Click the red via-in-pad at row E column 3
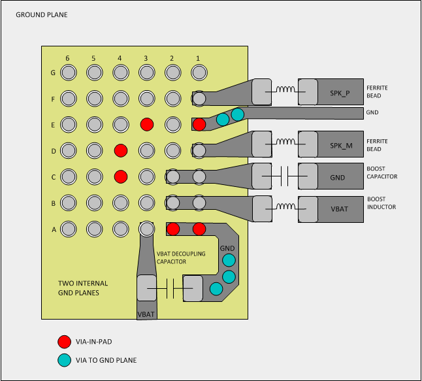pyautogui.click(x=146, y=124)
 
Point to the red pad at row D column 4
pyautogui.click(x=120, y=150)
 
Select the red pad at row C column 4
pyautogui.click(x=120, y=176)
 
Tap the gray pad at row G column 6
pyautogui.click(x=68, y=72)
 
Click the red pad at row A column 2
pyautogui.click(x=173, y=229)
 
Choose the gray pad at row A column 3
pyautogui.click(x=146, y=229)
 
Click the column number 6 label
pyautogui.click(x=67, y=58)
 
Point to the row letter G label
pyautogui.click(x=52, y=72)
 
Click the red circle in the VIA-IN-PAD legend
pyautogui.click(x=64, y=341)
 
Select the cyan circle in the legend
pyautogui.click(x=64, y=359)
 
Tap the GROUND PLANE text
pyautogui.click(x=41, y=14)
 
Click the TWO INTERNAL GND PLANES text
pyautogui.click(x=83, y=288)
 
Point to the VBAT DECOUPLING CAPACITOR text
pyautogui.click(x=181, y=257)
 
